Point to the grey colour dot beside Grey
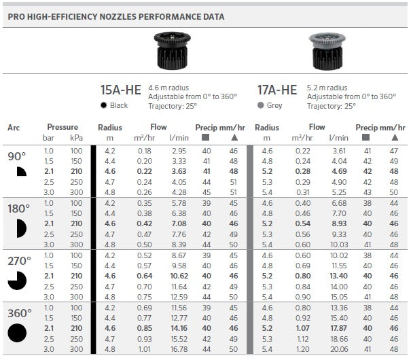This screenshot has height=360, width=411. coord(261,106)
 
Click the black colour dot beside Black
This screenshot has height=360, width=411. coord(103,106)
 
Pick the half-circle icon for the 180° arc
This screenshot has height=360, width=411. coord(20,228)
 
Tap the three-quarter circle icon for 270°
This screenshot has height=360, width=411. coord(18,280)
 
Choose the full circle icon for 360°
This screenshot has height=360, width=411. coord(18,332)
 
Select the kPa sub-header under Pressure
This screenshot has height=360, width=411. coord(76,138)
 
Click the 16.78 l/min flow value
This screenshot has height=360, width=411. coord(179,348)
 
